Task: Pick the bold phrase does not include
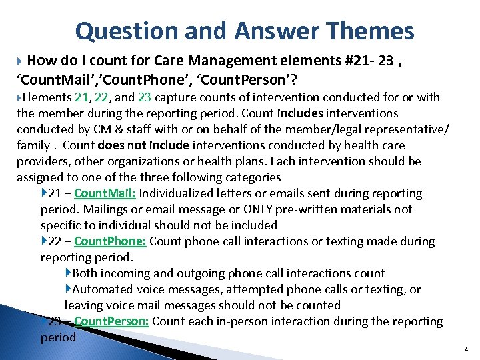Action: (x=143, y=145)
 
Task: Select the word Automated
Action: (x=103, y=289)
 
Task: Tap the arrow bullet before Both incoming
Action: (x=68, y=273)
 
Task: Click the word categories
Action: (x=251, y=177)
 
